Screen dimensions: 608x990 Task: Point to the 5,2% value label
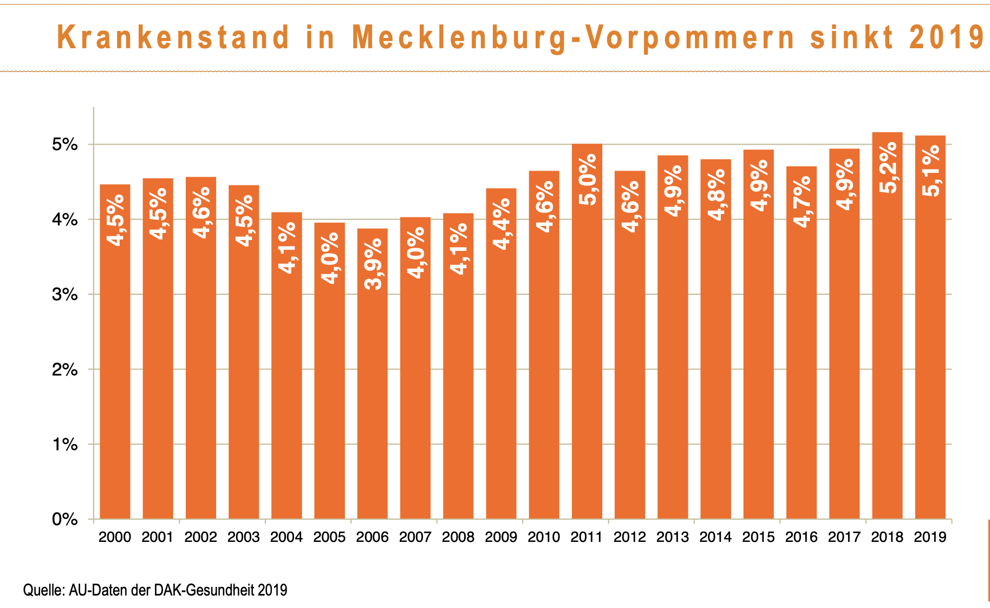tap(888, 167)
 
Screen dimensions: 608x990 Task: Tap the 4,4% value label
tap(501, 224)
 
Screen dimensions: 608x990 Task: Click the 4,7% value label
tap(802, 201)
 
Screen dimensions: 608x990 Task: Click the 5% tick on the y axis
tap(65, 145)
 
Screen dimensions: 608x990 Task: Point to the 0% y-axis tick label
tap(65, 520)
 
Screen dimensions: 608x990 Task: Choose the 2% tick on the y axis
tap(65, 370)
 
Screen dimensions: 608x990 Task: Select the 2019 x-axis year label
tap(930, 537)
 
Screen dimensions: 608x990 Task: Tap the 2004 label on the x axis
tap(286, 537)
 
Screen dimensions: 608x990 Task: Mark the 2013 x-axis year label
tap(673, 537)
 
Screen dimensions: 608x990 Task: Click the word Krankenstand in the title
tap(173, 37)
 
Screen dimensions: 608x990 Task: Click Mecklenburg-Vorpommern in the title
tap(574, 37)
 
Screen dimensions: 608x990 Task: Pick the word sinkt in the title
tap(852, 37)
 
